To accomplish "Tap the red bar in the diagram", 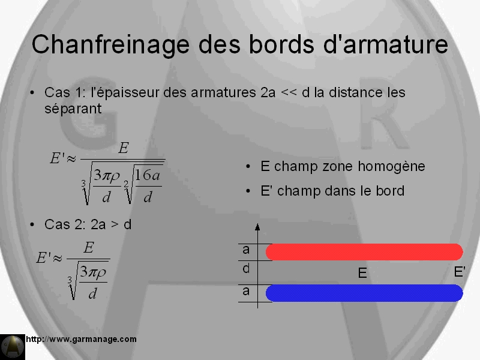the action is coord(364,252).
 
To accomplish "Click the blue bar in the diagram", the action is coord(364,293).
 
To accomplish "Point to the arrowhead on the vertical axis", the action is coord(257,227).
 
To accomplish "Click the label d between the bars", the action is coord(246,269).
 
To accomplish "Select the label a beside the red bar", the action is coord(246,250).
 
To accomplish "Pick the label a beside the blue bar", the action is coord(246,291).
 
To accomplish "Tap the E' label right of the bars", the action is coord(460,272).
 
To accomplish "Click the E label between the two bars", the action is coord(362,273).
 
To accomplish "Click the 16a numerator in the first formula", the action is coord(147,175).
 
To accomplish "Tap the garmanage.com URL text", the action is coord(81,339).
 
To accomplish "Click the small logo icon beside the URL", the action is coord(13,347).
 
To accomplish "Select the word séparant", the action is coord(73,109).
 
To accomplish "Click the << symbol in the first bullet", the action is coord(289,92).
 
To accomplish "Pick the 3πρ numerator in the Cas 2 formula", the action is coord(93,272).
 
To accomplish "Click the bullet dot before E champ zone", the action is coord(248,167).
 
